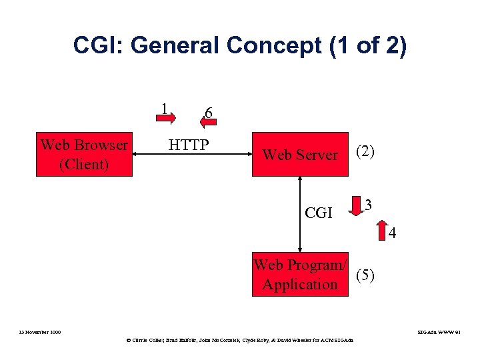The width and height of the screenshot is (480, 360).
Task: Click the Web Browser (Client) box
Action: [84, 155]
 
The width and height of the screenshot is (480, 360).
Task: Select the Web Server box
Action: [300, 155]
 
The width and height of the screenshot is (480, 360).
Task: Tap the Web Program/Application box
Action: [300, 275]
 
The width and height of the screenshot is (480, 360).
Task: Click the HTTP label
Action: [189, 145]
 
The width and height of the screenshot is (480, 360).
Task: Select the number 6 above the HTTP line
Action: [209, 113]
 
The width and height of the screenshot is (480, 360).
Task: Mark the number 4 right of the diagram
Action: [393, 234]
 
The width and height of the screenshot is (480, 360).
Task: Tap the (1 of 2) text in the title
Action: [368, 47]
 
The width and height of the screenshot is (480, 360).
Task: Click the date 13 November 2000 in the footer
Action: [39, 331]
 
